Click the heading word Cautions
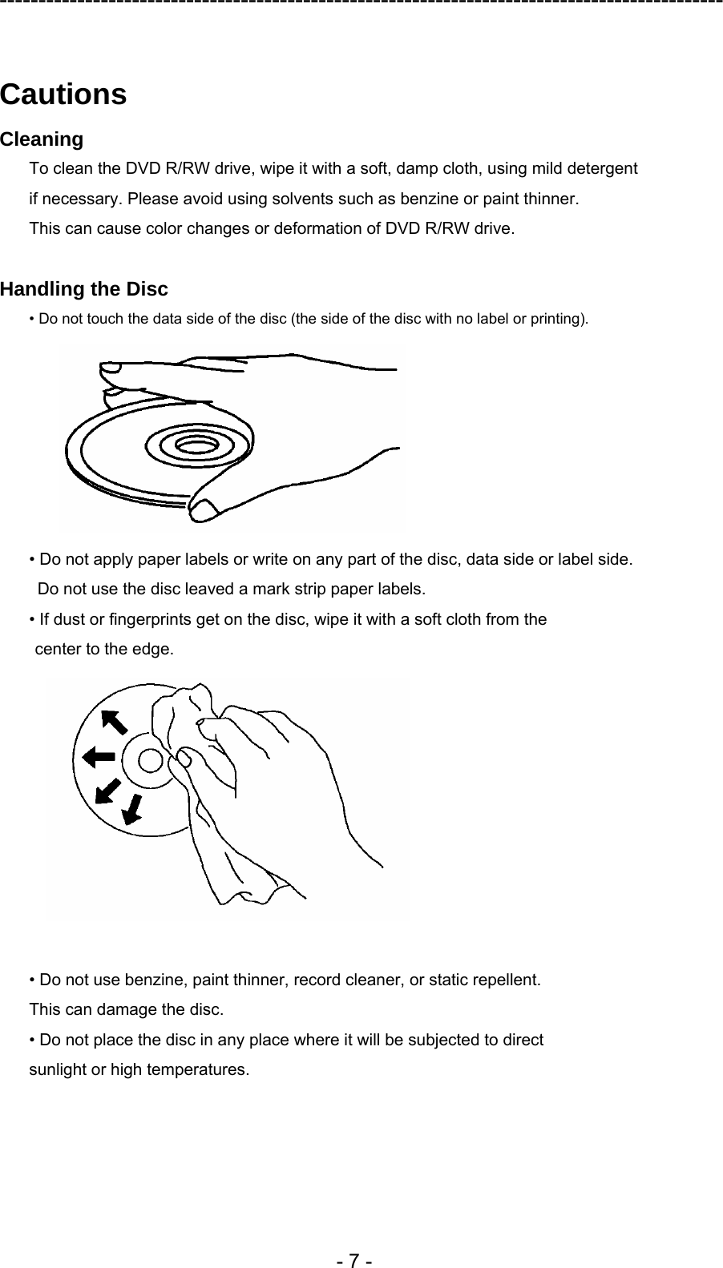[63, 95]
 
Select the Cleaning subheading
[42, 139]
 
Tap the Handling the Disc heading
[84, 288]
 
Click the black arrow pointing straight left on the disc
[98, 755]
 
